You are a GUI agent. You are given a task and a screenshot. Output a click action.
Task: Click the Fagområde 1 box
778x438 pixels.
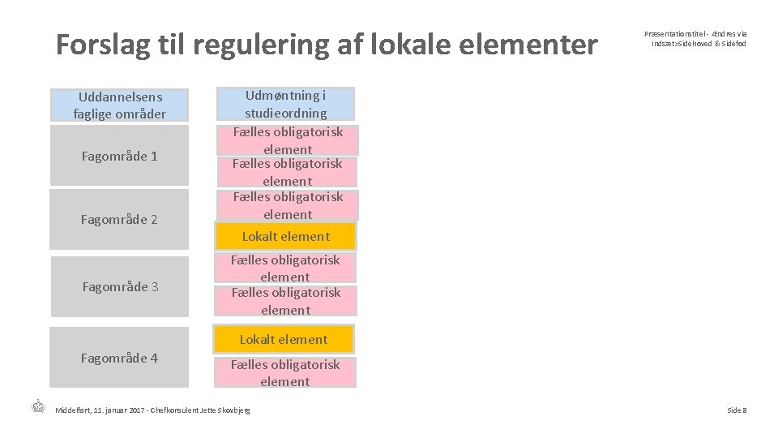pos(119,156)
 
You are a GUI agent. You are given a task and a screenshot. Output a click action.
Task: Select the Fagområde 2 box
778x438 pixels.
pos(119,219)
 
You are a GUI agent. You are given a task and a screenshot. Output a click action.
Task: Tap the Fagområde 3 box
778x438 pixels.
pos(119,286)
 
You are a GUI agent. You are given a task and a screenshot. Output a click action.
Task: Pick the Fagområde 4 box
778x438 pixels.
pos(119,358)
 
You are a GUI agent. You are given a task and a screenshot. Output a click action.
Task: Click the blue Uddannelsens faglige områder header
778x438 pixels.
pos(119,105)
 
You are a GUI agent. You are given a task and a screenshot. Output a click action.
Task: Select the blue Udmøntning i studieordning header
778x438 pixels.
pos(285,103)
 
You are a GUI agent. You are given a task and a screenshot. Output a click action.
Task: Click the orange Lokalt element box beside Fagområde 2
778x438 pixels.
pos(285,236)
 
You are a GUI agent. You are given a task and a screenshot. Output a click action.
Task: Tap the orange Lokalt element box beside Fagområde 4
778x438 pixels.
pos(284,339)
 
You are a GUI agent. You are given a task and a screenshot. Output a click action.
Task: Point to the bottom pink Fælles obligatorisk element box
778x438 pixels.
pos(284,373)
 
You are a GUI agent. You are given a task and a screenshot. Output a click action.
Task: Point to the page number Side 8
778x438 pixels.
pos(736,410)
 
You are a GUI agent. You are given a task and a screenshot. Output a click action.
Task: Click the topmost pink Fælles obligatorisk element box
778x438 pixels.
pos(288,140)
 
